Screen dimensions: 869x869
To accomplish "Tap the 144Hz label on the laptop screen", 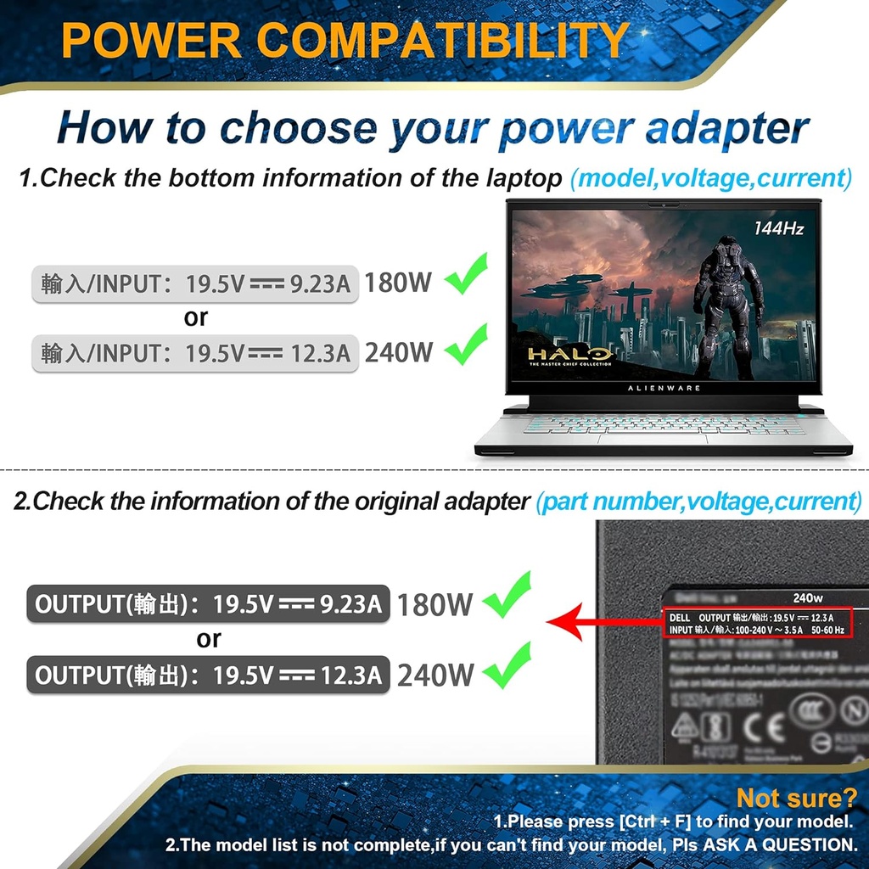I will (x=778, y=227).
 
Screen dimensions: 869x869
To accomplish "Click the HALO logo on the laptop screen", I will (x=569, y=354).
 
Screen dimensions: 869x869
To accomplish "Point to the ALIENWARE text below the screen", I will (x=664, y=388).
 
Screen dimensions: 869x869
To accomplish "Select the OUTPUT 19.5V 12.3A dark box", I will (x=208, y=676).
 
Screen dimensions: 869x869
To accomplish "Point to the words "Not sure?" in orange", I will (x=796, y=798).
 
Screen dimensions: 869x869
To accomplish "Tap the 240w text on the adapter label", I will (x=808, y=597).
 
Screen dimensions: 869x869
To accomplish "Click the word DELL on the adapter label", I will (x=679, y=617).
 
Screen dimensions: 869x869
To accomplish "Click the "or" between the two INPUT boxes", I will (x=196, y=318).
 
